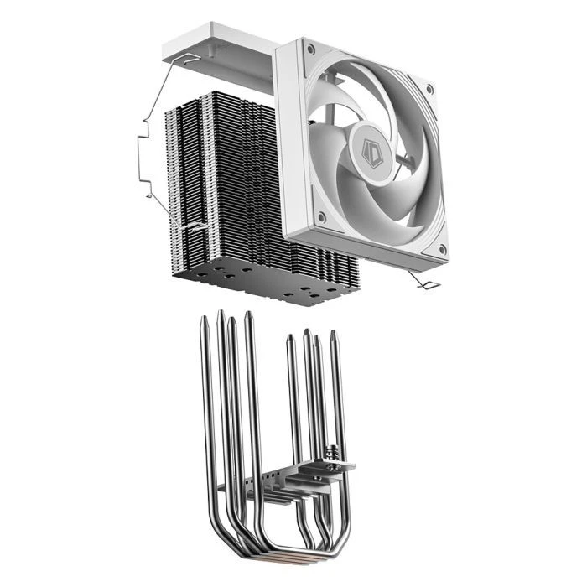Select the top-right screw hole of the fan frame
coord(430,87)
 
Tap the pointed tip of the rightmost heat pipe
coord(333,334)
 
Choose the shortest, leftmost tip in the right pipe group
coord(290,339)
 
